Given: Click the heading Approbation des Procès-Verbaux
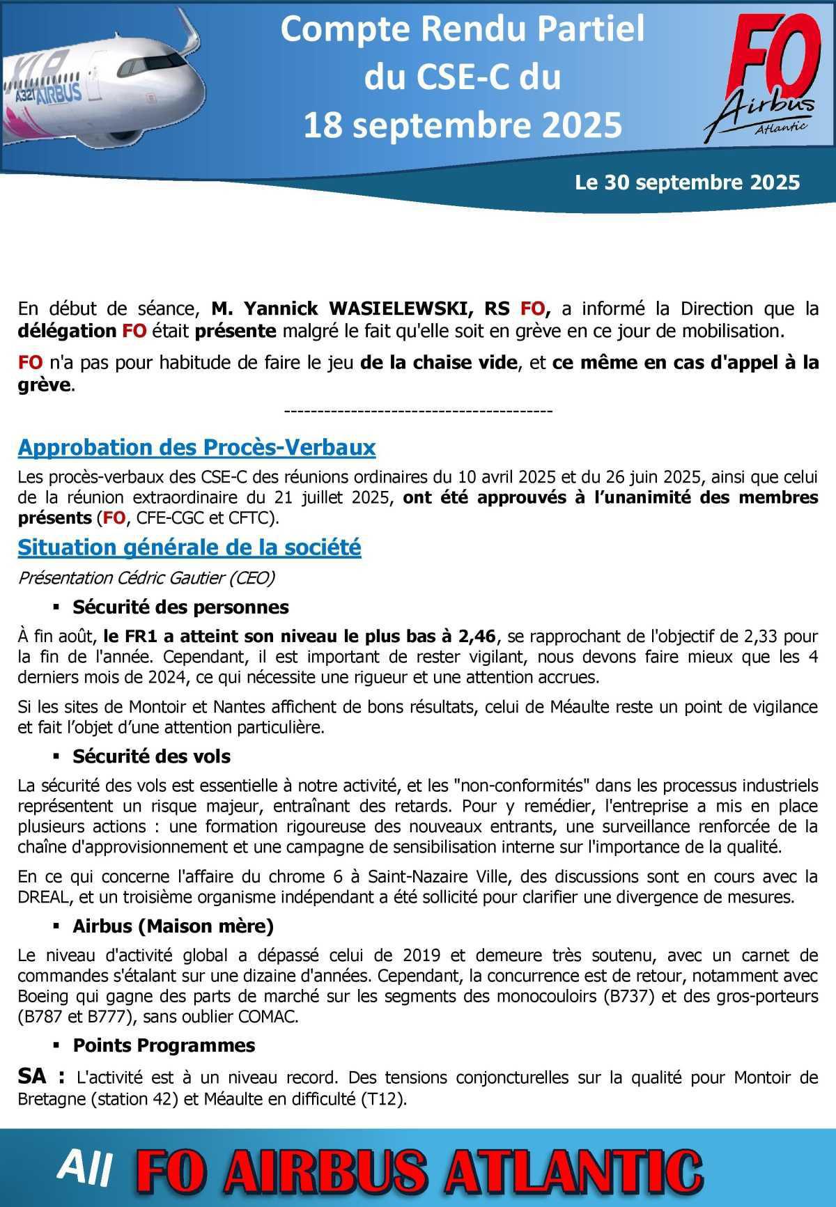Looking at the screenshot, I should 196,448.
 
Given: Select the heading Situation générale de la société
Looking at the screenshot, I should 189,548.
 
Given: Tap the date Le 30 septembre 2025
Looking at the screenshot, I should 687,182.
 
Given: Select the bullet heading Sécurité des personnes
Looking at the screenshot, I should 180,607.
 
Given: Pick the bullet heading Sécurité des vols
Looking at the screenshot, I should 151,756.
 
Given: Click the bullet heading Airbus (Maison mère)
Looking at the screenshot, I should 173,926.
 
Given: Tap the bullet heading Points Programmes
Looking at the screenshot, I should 164,1045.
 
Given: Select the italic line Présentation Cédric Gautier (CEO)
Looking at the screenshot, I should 146,578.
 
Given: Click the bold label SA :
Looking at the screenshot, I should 40,1077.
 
